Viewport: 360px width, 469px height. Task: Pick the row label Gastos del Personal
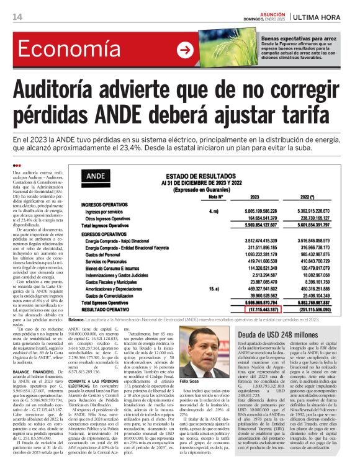pos(104,255)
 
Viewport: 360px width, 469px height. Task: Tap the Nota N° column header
pos(216,197)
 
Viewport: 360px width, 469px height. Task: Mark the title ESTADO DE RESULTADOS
pos(204,177)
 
